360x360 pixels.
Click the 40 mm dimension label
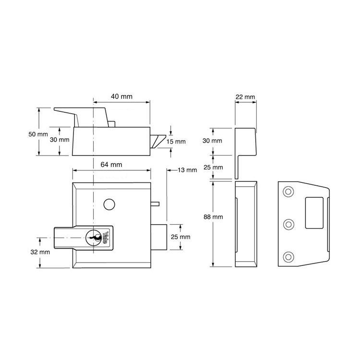[x=122, y=96]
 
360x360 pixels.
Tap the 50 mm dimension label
[x=38, y=134]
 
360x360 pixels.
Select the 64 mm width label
[x=111, y=165]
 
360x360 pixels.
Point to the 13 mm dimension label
[x=187, y=170]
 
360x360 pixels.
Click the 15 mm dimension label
[x=176, y=142]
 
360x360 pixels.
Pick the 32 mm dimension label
[x=40, y=252]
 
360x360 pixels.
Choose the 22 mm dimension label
[x=245, y=97]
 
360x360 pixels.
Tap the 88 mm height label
[x=213, y=217]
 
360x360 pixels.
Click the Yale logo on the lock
[x=106, y=238]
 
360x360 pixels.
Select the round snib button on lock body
[x=109, y=204]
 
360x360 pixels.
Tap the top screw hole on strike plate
[x=288, y=192]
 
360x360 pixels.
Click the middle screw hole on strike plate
[x=288, y=224]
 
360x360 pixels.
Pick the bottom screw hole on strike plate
[x=288, y=257]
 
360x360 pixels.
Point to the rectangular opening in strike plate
[x=314, y=213]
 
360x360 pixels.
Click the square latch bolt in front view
[x=159, y=237]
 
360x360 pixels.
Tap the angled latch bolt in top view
[x=158, y=142]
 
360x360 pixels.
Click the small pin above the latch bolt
[x=155, y=204]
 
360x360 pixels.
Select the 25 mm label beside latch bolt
[x=180, y=237]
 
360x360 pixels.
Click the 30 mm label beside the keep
[x=212, y=141]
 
